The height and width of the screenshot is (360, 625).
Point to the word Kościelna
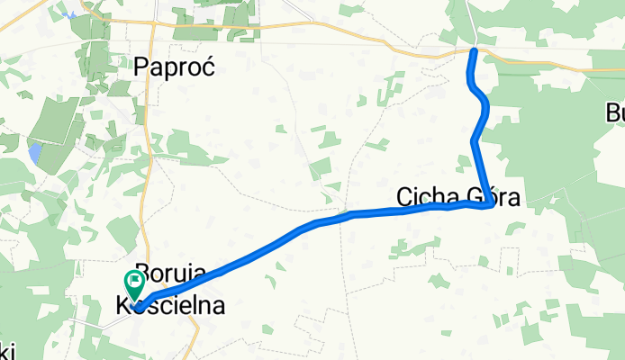(170, 306)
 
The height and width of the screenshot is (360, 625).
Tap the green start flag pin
(134, 287)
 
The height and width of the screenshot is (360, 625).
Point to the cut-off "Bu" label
(615, 113)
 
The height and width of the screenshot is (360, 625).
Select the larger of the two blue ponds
(34, 152)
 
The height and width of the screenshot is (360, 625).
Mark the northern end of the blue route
(474, 51)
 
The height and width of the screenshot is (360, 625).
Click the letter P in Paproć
(142, 67)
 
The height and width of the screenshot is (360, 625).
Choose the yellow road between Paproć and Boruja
(145, 180)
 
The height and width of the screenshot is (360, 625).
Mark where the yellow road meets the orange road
(154, 22)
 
